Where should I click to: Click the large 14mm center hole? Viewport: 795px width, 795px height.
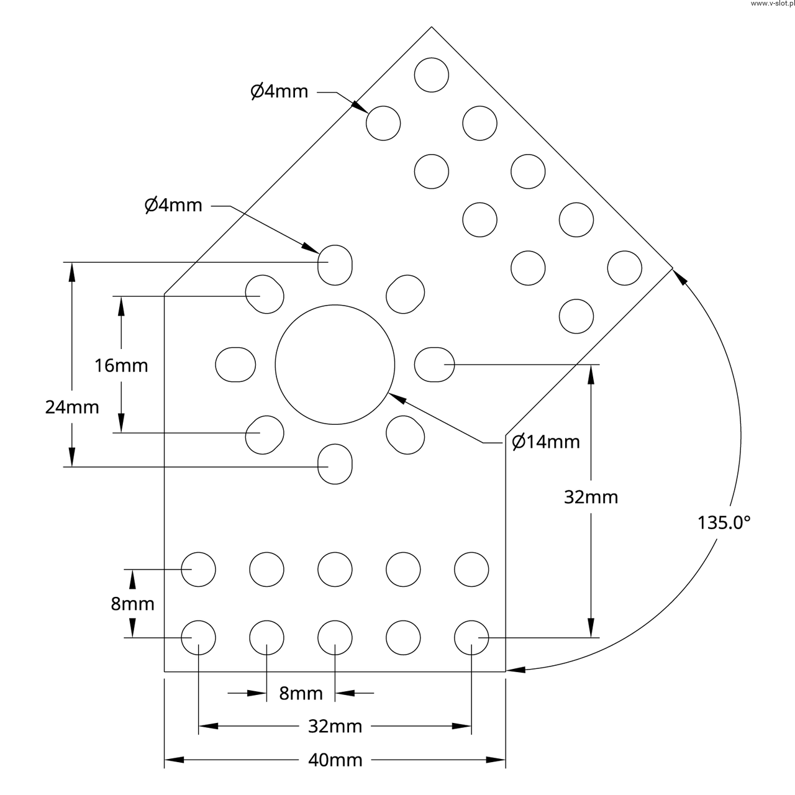[x=335, y=364]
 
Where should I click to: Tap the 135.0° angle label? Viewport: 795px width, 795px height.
[x=724, y=522]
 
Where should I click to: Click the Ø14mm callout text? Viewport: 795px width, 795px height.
[x=546, y=442]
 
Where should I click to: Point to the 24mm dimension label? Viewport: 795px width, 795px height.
[x=72, y=407]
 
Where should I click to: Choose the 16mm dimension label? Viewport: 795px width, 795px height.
[x=121, y=365]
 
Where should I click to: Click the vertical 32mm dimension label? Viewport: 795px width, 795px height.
[x=591, y=497]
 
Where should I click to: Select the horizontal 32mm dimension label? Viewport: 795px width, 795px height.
[x=335, y=725]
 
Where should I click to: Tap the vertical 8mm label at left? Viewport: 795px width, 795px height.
[x=132, y=603]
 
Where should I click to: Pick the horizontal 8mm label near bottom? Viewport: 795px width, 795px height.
[x=301, y=693]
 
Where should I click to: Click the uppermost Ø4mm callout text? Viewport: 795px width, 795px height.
[x=279, y=91]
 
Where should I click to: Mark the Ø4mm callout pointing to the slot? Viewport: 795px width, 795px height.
[x=174, y=205]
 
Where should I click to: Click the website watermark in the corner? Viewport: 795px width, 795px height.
[x=771, y=4]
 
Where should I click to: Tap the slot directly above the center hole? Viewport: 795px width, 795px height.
[x=335, y=265]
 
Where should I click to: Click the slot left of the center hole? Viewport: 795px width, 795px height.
[x=235, y=364]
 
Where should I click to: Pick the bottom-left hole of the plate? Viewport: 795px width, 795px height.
[x=198, y=637]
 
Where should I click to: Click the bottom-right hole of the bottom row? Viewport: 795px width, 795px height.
[x=471, y=637]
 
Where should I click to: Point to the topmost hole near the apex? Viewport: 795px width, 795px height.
[x=431, y=75]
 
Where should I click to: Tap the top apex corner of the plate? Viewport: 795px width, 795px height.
[x=431, y=27]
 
